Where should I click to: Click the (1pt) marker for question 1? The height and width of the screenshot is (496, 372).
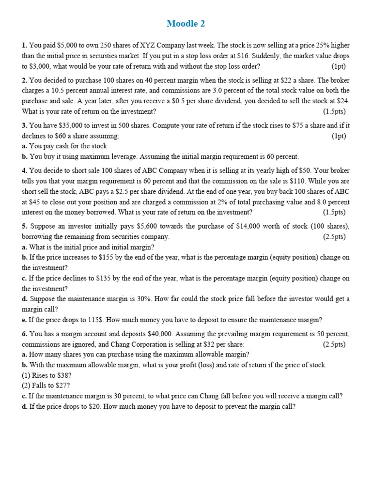pyautogui.click(x=339, y=66)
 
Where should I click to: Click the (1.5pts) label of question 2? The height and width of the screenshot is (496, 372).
pyautogui.click(x=336, y=111)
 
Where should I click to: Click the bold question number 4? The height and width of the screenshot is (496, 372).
pyautogui.click(x=24, y=170)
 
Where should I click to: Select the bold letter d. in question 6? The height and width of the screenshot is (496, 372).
pyautogui.click(x=25, y=407)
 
